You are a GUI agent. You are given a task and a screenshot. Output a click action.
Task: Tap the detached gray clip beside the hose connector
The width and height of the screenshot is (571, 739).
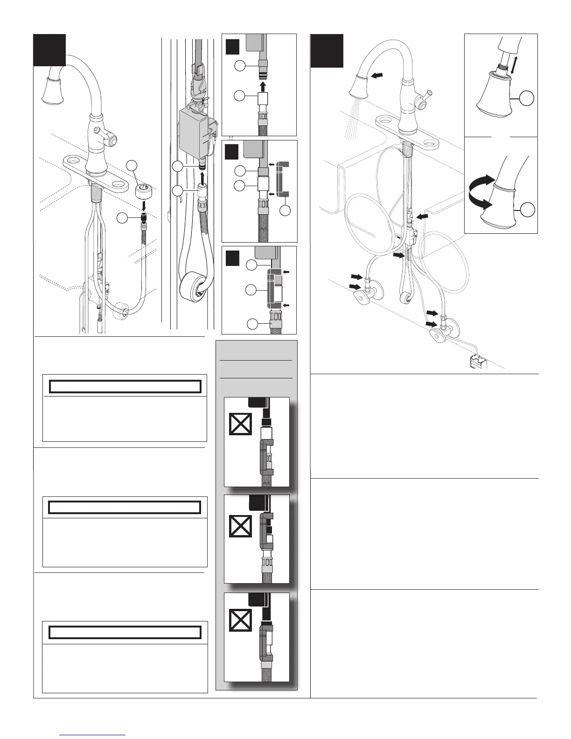(283, 178)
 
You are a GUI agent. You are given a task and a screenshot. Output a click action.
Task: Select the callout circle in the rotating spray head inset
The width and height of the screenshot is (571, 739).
(527, 209)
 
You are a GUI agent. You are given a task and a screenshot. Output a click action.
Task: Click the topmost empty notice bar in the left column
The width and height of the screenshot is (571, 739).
(125, 387)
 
